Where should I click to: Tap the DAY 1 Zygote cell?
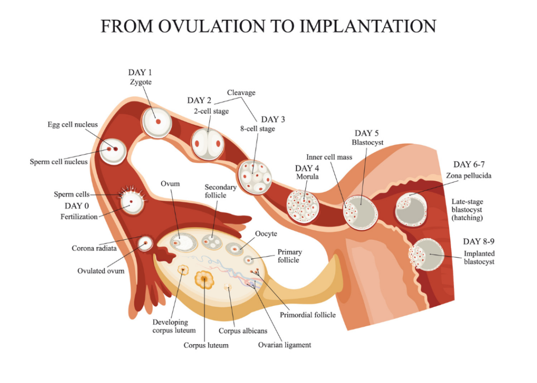click(156, 121)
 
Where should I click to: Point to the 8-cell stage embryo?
click(254, 177)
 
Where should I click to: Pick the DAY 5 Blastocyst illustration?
click(360, 212)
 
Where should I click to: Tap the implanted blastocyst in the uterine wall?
click(426, 255)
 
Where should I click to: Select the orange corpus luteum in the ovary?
click(204, 279)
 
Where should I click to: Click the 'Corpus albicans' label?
click(243, 331)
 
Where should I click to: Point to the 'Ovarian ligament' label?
click(284, 345)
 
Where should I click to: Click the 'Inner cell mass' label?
click(329, 157)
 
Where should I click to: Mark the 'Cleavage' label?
click(241, 93)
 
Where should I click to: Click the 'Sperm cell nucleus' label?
click(58, 162)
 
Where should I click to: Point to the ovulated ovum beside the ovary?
click(145, 243)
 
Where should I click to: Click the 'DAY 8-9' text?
click(479, 242)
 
